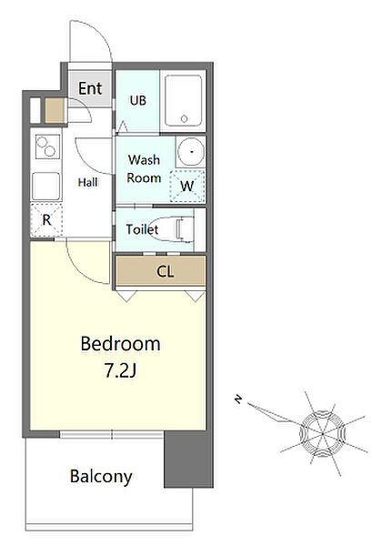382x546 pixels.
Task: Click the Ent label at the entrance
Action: [90, 88]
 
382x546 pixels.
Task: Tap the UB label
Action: [137, 101]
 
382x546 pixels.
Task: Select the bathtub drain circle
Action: [184, 118]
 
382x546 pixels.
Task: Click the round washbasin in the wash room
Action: [191, 152]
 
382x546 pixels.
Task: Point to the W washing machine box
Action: [187, 187]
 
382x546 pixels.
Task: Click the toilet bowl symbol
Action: [173, 229]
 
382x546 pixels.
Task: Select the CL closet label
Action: [165, 271]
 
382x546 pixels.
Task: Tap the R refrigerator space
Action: [46, 219]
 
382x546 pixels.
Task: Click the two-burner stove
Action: [46, 147]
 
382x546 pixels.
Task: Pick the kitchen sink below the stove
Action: [45, 186]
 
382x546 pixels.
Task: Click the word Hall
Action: [87, 182]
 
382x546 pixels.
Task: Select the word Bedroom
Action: [120, 344]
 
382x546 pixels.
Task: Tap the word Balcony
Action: [101, 476]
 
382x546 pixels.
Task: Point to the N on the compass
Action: [238, 399]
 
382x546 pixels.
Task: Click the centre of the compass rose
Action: [323, 434]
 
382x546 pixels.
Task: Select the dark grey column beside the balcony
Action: [188, 459]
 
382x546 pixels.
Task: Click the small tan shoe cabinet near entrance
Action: [55, 110]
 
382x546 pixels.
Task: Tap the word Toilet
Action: [142, 229]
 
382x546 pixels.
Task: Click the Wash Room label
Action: [144, 169]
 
